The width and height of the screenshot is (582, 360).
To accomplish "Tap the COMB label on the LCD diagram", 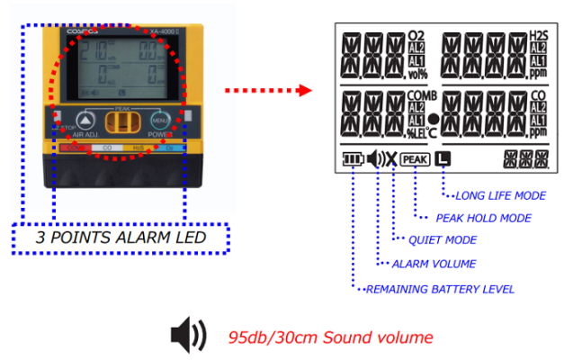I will tap(420, 94).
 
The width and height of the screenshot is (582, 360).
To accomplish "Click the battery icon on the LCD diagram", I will tap(353, 160).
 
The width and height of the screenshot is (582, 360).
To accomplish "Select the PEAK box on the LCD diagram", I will tap(415, 160).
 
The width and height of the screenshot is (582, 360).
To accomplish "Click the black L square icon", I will tap(442, 159).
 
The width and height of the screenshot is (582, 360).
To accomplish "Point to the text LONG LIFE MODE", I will tap(501, 195).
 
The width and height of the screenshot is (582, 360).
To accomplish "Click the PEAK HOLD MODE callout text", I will tap(484, 218).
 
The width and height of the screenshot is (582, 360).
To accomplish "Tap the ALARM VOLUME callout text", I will tap(434, 264).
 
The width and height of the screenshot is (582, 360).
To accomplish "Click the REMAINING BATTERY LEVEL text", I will tap(440, 289).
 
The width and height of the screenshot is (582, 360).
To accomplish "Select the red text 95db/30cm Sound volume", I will tap(330, 337).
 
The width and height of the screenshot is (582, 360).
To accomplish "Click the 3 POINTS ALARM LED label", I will tap(121, 238).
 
